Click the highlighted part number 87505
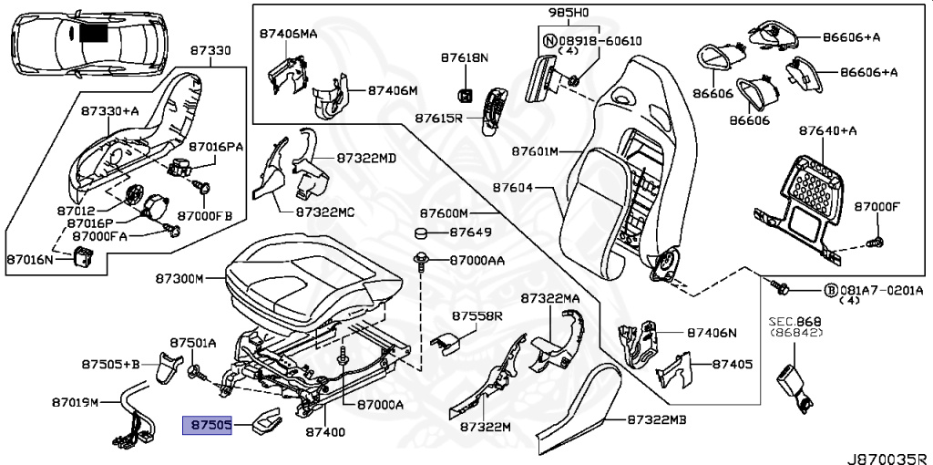click(x=209, y=425)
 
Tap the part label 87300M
click(x=179, y=278)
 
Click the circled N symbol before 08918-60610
click(x=549, y=41)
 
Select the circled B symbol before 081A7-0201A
click(x=830, y=291)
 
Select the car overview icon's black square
click(x=93, y=33)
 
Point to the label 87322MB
click(x=656, y=419)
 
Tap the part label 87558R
click(x=477, y=315)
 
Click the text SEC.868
click(x=789, y=322)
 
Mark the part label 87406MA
click(x=288, y=34)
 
